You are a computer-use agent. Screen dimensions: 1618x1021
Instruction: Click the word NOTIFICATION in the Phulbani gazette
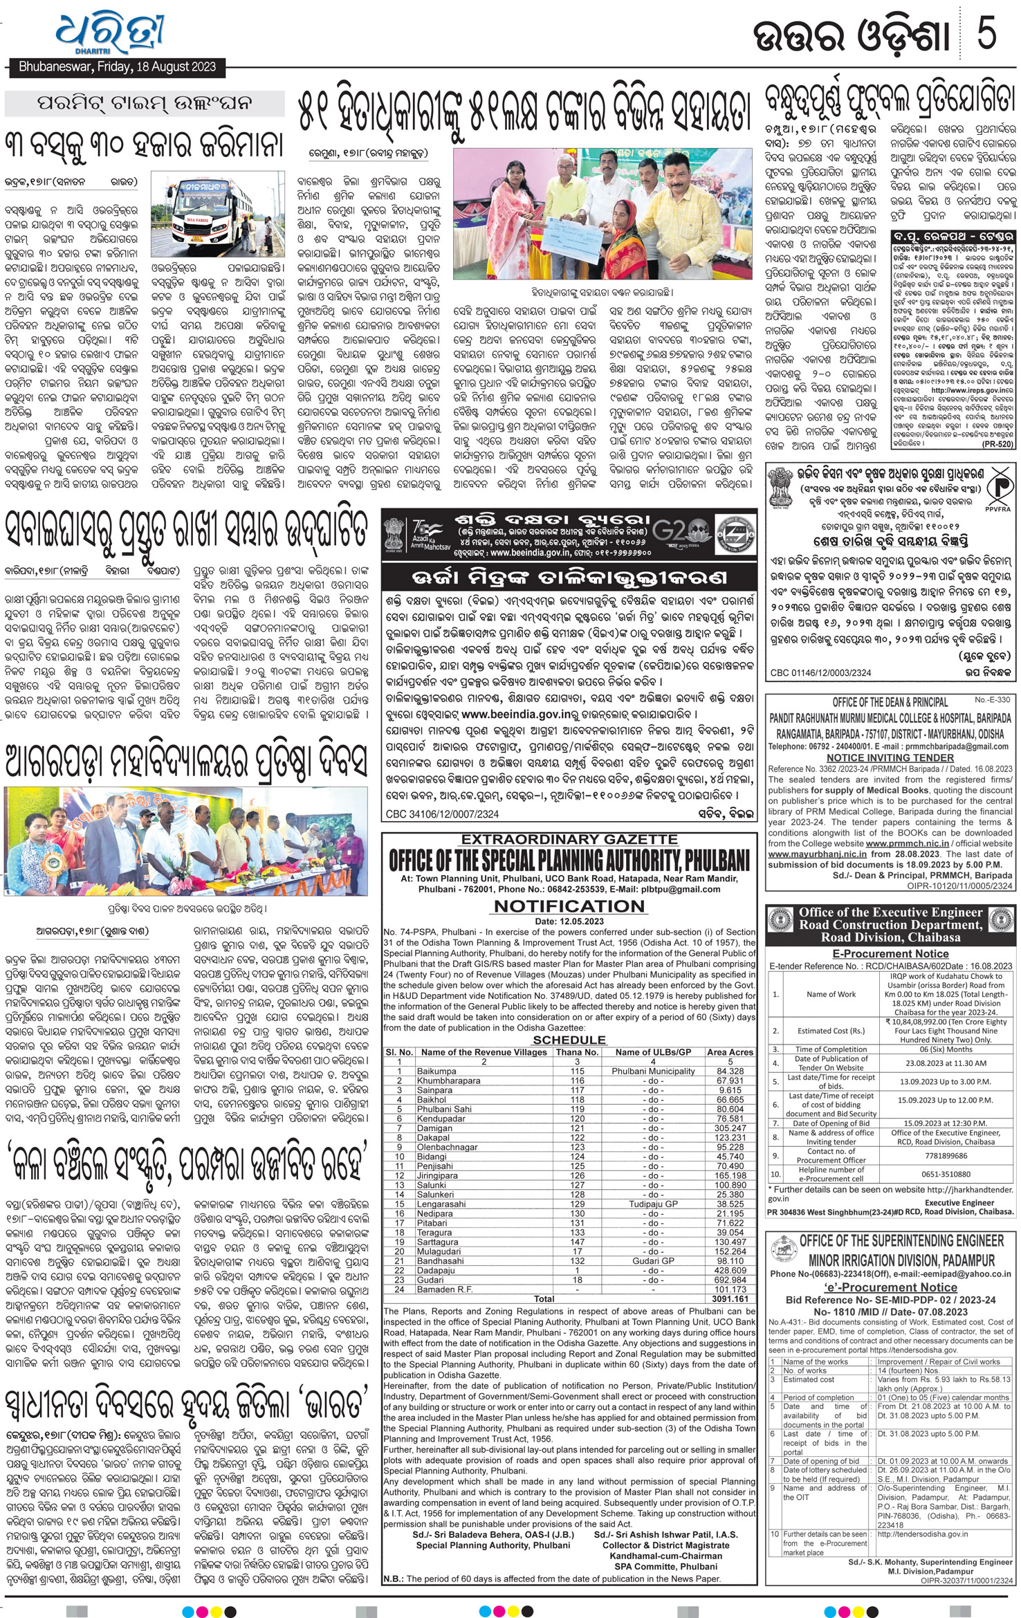point(569,906)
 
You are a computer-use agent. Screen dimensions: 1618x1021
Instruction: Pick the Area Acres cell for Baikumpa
point(730,1071)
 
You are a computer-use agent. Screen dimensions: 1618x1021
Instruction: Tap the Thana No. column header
point(577,1052)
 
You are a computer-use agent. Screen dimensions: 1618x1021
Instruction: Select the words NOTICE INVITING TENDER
point(890,757)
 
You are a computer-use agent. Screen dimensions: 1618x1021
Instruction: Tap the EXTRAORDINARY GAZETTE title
point(569,840)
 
